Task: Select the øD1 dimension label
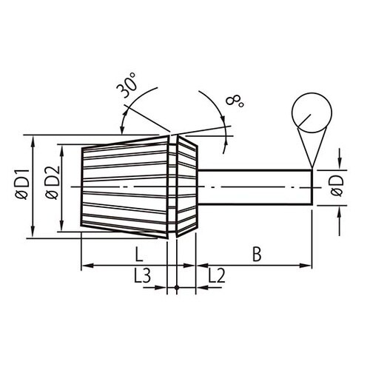pyautogui.click(x=20, y=185)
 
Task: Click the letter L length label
pyautogui.click(x=139, y=255)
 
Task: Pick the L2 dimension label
pyautogui.click(x=215, y=277)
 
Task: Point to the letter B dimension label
pyautogui.click(x=256, y=255)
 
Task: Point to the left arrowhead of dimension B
pyautogui.click(x=201, y=265)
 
